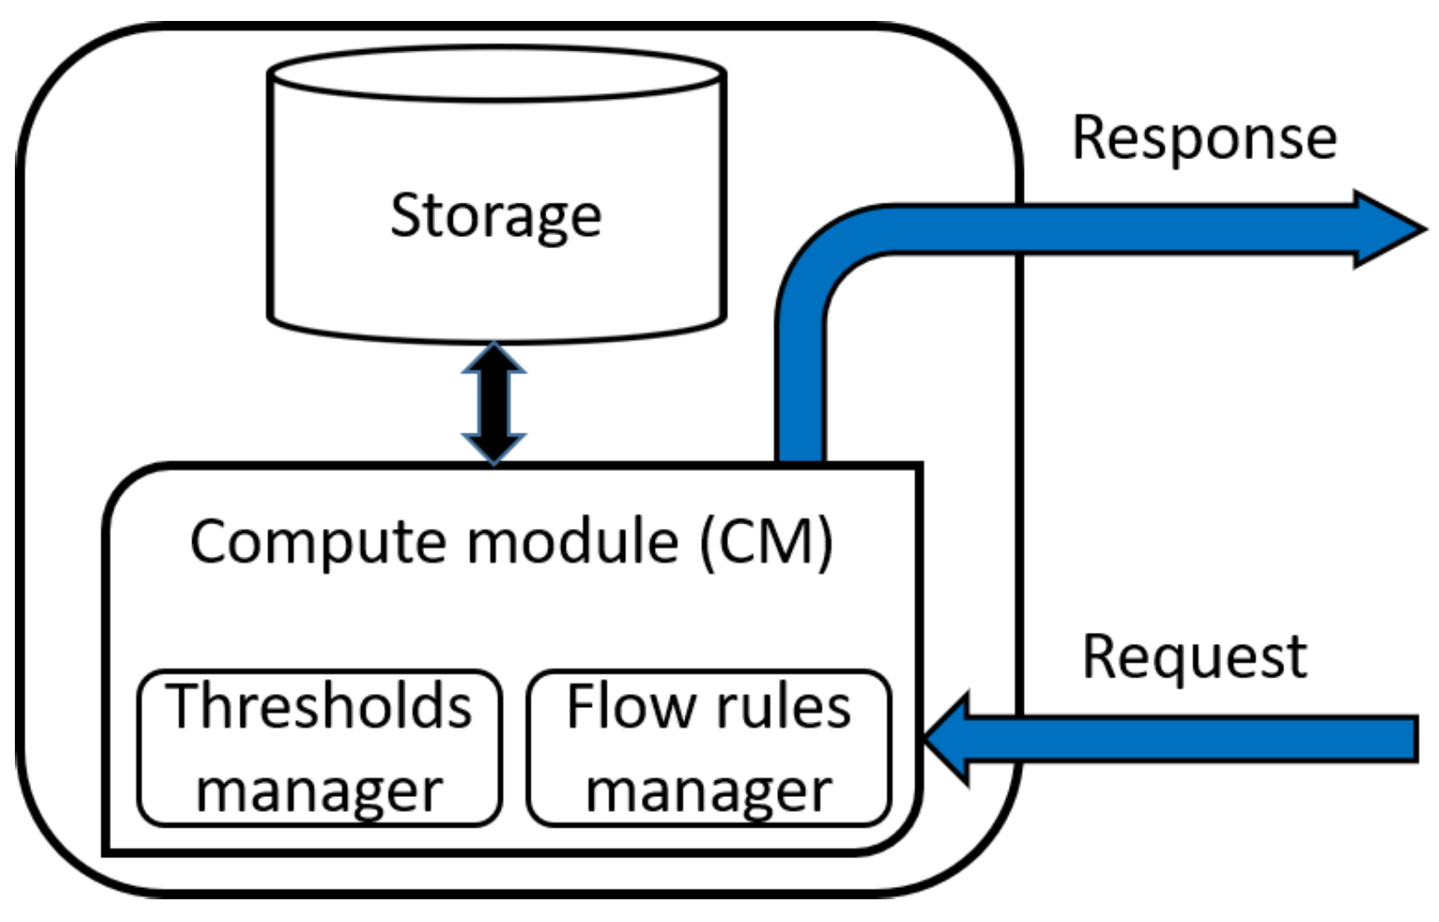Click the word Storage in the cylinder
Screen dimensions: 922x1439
[x=496, y=216]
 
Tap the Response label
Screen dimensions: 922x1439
[x=1204, y=139]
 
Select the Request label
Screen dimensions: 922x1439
[x=1193, y=657]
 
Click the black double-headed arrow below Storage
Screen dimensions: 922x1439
[x=494, y=403]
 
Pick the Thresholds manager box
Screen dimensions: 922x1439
[x=320, y=748]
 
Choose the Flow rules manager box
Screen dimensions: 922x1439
[x=709, y=748]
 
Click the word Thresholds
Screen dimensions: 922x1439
[x=320, y=706]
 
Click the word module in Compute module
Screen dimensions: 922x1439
[x=574, y=543]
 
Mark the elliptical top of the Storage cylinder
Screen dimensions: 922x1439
[x=496, y=73]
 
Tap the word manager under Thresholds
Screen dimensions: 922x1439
[x=320, y=791]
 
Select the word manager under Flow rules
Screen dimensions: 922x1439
[x=709, y=791]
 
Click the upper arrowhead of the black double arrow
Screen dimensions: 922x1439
[x=494, y=358]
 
